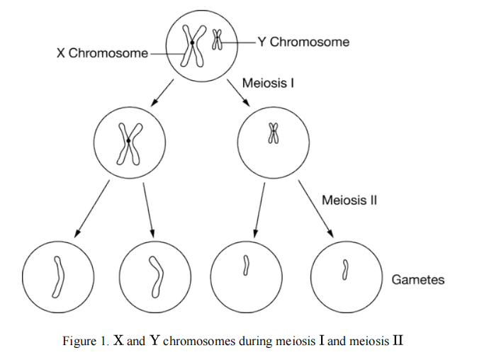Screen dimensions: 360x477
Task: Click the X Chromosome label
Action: coord(103,53)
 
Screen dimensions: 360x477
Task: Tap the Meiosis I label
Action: coord(268,84)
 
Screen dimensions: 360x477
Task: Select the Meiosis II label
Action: coord(349,200)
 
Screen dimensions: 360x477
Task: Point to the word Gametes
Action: coord(418,279)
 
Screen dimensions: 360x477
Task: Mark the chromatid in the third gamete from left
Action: coord(246,266)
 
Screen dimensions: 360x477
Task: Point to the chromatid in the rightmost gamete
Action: coord(345,269)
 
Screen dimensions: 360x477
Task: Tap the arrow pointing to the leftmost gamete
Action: coord(92,207)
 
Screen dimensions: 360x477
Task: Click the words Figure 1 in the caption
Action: coord(86,340)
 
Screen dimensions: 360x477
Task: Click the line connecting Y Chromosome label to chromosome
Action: coord(240,42)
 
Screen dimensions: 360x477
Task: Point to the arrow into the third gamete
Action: coord(259,207)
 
